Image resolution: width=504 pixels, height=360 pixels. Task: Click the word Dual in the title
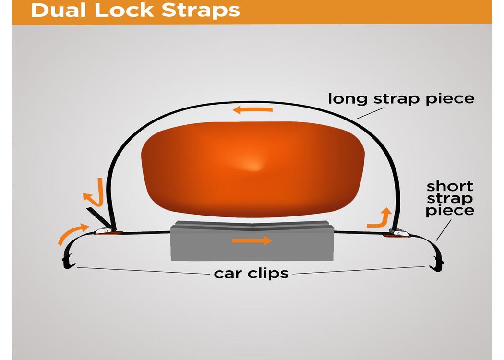click(x=59, y=10)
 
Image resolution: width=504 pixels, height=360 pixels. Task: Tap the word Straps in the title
click(x=201, y=11)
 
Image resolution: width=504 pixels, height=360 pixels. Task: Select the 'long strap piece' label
click(x=401, y=99)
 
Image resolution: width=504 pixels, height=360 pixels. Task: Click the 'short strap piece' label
click(x=450, y=199)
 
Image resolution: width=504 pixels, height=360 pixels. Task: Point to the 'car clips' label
click(x=252, y=274)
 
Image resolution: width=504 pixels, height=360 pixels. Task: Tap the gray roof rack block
click(x=252, y=241)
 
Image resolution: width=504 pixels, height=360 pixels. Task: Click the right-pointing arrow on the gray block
click(x=252, y=240)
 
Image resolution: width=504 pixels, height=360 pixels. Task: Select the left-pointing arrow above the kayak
click(x=252, y=110)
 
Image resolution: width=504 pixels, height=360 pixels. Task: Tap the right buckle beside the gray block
click(x=398, y=233)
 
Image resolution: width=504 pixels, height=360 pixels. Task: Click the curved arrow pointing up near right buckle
click(x=380, y=218)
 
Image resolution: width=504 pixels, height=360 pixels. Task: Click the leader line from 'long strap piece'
click(x=371, y=113)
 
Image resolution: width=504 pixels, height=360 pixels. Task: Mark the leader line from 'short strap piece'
click(x=444, y=230)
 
